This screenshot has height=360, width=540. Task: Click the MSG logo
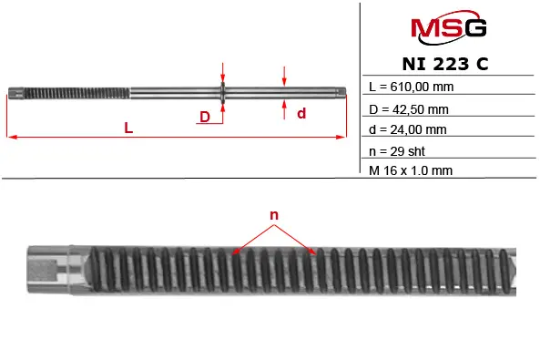click(448, 27)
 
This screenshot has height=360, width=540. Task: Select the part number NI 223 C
click(445, 64)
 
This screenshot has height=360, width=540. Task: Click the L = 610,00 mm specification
click(412, 87)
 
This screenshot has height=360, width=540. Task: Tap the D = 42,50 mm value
click(409, 109)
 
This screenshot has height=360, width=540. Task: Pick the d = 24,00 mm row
click(408, 129)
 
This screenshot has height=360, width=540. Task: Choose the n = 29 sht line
click(397, 151)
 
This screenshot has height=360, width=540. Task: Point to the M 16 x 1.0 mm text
click(411, 170)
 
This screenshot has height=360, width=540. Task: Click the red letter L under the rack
click(128, 128)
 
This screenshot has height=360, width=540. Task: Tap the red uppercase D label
click(205, 117)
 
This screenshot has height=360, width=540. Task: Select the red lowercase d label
click(301, 113)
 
